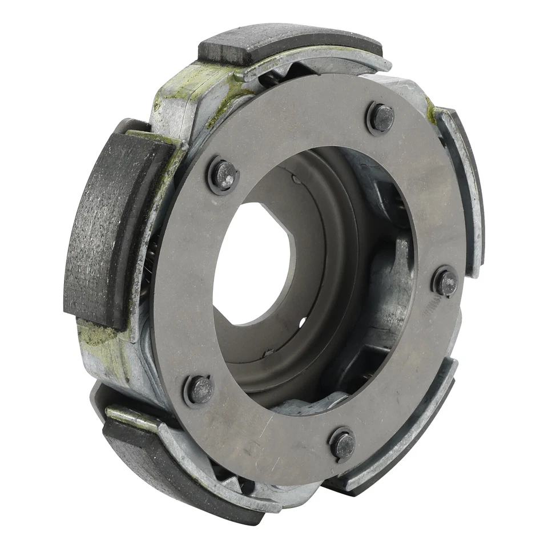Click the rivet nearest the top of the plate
click(x=380, y=118)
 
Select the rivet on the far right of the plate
click(x=446, y=281)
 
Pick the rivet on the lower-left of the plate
click(x=200, y=390)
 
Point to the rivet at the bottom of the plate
click(x=343, y=444)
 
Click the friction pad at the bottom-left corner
click(x=143, y=451)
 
